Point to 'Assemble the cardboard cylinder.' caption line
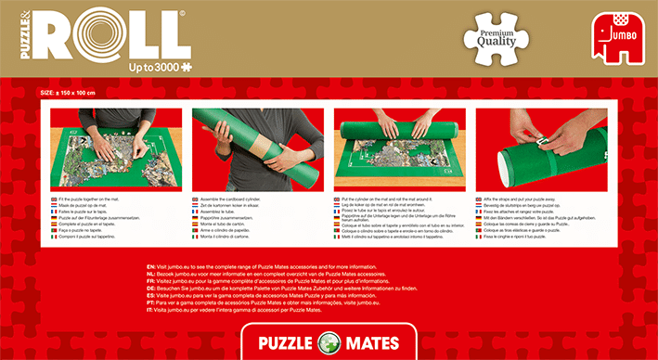228,199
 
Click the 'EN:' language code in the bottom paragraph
139,267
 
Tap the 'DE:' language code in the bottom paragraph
139,288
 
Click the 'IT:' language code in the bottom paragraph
138,308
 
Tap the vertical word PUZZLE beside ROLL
15,32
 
